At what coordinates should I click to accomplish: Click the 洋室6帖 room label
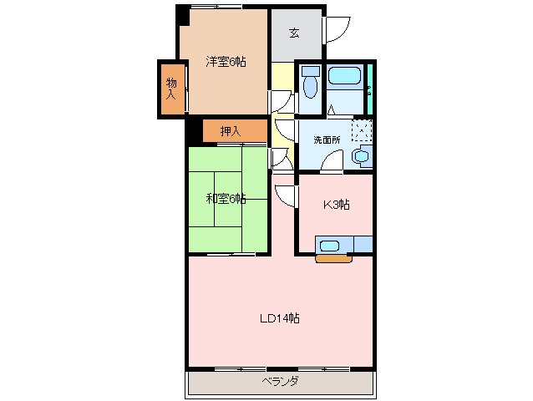pyautogui.click(x=226, y=61)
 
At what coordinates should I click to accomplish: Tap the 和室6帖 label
pyautogui.click(x=226, y=199)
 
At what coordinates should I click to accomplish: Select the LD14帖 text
pyautogui.click(x=279, y=318)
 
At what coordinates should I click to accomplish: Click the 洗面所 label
pyautogui.click(x=327, y=140)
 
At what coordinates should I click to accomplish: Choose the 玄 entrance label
pyautogui.click(x=294, y=33)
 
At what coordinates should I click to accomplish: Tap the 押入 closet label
pyautogui.click(x=231, y=131)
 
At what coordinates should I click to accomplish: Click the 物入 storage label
pyautogui.click(x=170, y=88)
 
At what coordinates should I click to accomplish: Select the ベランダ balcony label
pyautogui.click(x=280, y=382)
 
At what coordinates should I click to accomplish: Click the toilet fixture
pyautogui.click(x=311, y=84)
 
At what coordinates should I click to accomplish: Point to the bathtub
pyautogui.click(x=343, y=77)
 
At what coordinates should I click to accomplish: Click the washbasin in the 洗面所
pyautogui.click(x=363, y=156)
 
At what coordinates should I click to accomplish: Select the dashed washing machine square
pyautogui.click(x=361, y=131)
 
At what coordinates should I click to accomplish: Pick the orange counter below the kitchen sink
pyautogui.click(x=334, y=257)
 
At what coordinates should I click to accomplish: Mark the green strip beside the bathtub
pyautogui.click(x=368, y=87)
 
